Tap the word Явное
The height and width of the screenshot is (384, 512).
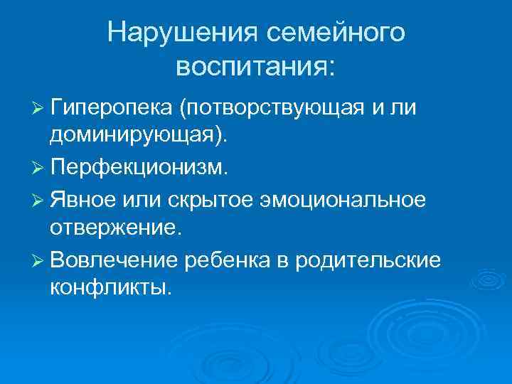(x=81, y=201)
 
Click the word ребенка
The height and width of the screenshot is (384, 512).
(x=221, y=260)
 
